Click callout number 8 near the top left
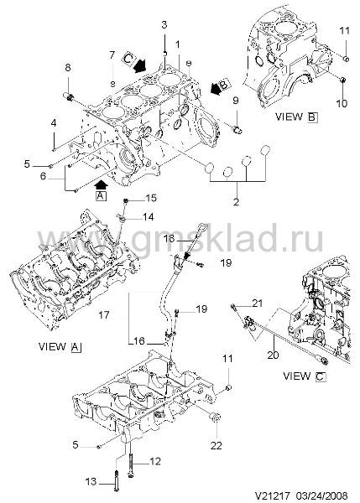point(67,68)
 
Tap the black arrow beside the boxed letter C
point(139,65)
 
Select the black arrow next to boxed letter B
point(217,88)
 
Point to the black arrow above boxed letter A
point(102,184)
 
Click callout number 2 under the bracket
point(236,202)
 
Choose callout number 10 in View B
point(342,103)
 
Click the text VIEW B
point(296,117)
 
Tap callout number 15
point(151,198)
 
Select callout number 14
point(148,217)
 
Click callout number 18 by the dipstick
point(170,239)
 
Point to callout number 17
point(104,315)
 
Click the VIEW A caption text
point(60,347)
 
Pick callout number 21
point(257,303)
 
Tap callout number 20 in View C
point(273,355)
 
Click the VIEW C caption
point(304,376)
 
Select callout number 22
point(217,445)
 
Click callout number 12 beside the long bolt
point(155,461)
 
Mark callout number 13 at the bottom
point(91,481)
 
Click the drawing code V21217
point(273,495)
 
